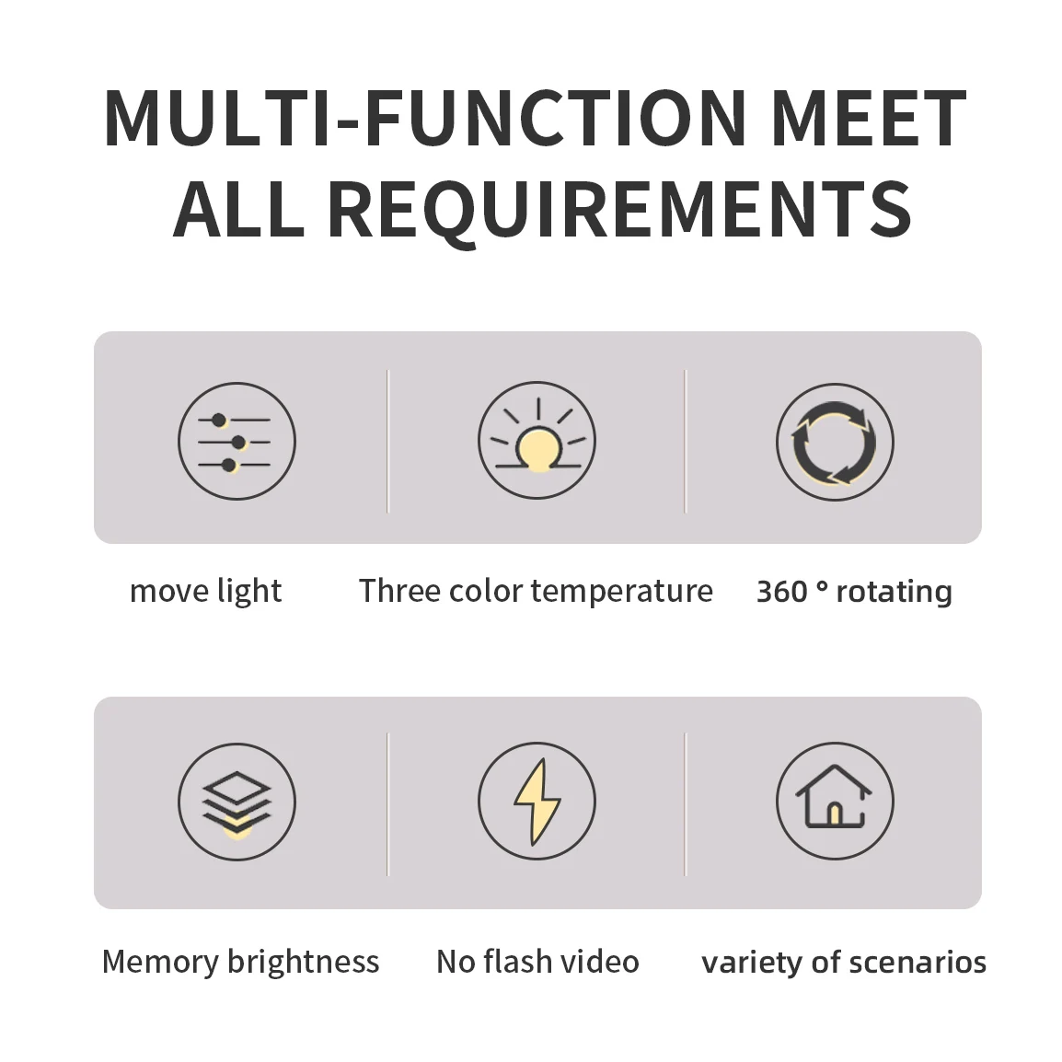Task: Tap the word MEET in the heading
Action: point(868,119)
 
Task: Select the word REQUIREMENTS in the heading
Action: point(619,210)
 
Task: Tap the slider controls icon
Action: point(237,442)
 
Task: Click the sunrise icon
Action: point(537,442)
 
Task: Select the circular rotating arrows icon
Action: point(835,442)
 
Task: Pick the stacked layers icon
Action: point(237,802)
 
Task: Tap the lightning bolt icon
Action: point(537,802)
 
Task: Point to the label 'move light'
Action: point(205,591)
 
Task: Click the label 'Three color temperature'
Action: point(536,591)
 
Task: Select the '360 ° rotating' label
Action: point(854,591)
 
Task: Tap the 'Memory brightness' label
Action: point(240,962)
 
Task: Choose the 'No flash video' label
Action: point(537,962)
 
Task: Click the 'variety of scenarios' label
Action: point(844,962)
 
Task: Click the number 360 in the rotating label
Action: point(782,591)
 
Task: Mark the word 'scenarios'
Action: point(918,962)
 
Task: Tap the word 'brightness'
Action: point(303,962)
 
